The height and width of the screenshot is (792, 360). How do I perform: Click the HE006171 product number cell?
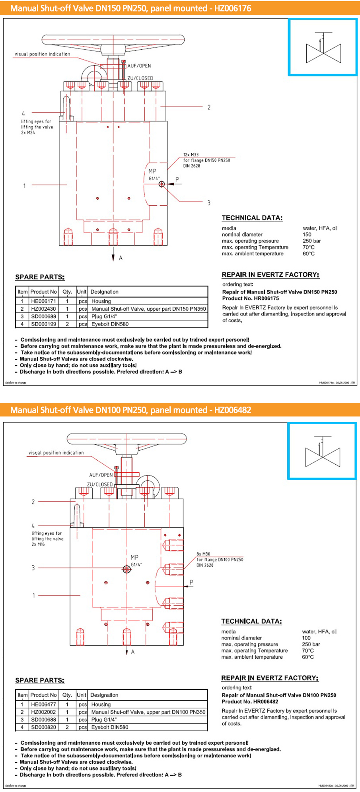pyautogui.click(x=43, y=301)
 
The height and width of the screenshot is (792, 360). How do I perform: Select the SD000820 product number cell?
pyautogui.click(x=43, y=727)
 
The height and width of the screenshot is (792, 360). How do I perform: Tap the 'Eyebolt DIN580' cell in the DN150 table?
pyautogui.click(x=110, y=324)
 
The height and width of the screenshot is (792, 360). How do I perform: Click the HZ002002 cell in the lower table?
pyautogui.click(x=43, y=712)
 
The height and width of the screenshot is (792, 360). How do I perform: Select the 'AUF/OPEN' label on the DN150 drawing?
pyautogui.click(x=139, y=66)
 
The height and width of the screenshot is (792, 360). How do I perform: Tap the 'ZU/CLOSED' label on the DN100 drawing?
pyautogui.click(x=100, y=484)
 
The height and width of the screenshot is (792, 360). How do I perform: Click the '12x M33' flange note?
pyautogui.click(x=191, y=154)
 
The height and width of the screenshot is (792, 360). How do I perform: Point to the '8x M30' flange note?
pyautogui.click(x=203, y=554)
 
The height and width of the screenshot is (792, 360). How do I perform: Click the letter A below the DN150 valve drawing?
pyautogui.click(x=121, y=258)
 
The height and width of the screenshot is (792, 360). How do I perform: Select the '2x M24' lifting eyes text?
pyautogui.click(x=28, y=132)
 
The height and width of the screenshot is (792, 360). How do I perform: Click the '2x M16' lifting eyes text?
pyautogui.click(x=38, y=544)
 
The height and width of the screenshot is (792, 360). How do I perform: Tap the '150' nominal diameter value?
pyautogui.click(x=307, y=234)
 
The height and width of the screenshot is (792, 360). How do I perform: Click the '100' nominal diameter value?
pyautogui.click(x=306, y=638)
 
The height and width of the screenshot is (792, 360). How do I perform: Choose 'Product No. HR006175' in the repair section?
pyautogui.click(x=251, y=298)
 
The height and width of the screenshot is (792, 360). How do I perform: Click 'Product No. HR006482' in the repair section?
pyautogui.click(x=250, y=702)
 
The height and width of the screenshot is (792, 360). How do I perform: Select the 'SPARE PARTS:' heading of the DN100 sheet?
pyautogui.click(x=40, y=680)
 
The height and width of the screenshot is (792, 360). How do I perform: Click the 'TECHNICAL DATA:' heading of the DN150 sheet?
pyautogui.click(x=252, y=218)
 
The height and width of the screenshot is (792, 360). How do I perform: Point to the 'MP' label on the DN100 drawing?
pyautogui.click(x=134, y=557)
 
